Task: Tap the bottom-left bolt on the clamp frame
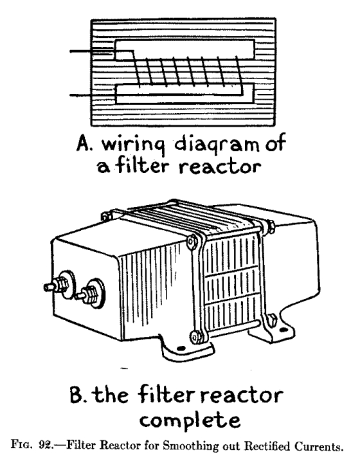pyautogui.click(x=193, y=334)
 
